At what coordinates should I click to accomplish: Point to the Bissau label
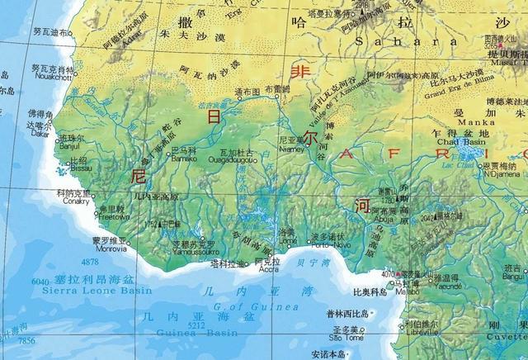click(79, 168)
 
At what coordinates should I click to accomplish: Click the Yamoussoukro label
click(194, 252)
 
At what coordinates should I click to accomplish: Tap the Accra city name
click(266, 269)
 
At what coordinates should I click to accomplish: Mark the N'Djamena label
click(502, 173)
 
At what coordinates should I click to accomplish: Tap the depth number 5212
click(196, 326)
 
